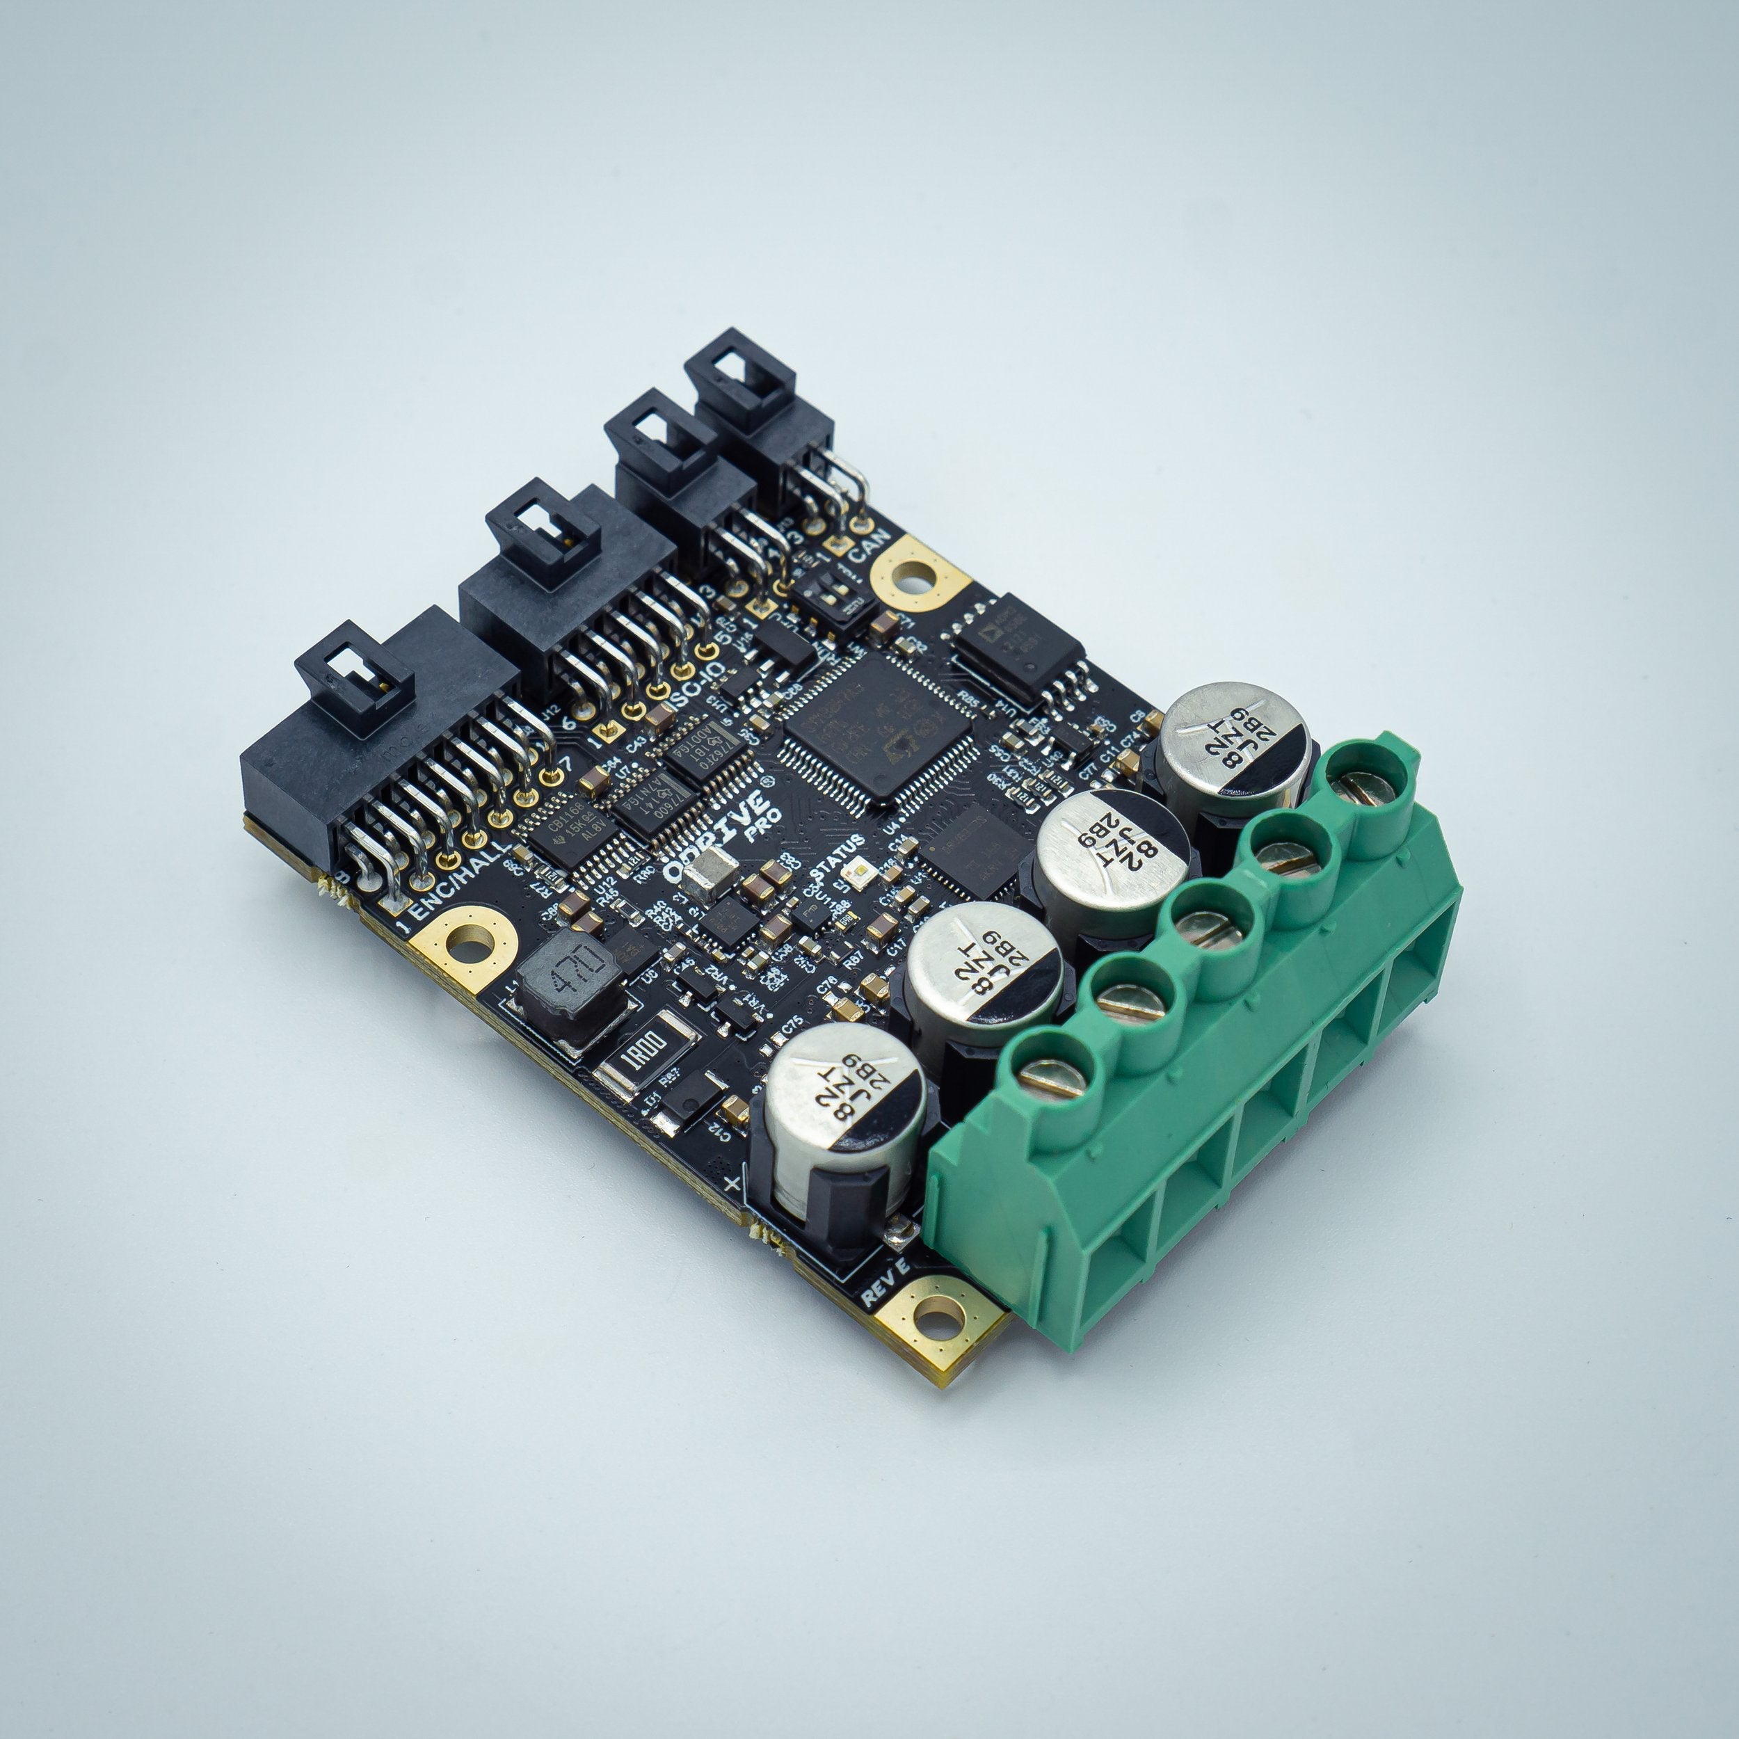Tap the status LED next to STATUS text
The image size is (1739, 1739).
(860, 876)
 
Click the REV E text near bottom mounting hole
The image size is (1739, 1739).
(887, 1283)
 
